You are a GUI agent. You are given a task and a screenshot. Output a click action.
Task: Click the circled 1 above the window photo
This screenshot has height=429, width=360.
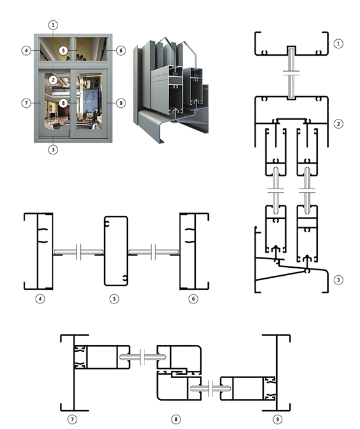coord(53,25)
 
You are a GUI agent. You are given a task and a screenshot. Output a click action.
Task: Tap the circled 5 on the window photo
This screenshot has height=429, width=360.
coord(64,50)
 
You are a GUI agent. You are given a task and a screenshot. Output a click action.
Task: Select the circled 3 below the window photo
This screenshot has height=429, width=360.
coord(53,150)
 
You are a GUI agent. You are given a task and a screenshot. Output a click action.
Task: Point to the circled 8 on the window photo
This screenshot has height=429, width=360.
coord(64,103)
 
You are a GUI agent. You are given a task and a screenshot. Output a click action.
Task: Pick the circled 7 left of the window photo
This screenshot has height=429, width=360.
coord(26,103)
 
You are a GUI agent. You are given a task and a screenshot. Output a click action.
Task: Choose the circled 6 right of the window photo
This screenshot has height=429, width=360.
coord(121,50)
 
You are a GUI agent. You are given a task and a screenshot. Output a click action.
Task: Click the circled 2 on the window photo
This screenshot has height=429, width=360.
coord(53,80)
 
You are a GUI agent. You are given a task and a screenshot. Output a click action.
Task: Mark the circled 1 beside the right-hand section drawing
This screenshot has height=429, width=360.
coord(339,44)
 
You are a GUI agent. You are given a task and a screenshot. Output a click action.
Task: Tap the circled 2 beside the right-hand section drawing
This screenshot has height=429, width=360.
coord(339,124)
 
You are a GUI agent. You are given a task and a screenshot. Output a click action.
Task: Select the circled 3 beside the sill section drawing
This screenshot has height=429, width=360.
coord(339,280)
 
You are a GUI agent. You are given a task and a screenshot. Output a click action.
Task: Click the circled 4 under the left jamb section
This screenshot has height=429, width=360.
coord(40,299)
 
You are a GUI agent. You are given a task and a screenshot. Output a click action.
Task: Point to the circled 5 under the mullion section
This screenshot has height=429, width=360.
coord(114,299)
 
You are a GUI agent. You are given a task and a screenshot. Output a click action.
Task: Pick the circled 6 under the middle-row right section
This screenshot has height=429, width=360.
coord(193,299)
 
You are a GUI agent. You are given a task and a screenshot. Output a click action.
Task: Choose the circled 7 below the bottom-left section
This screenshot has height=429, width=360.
coord(72,419)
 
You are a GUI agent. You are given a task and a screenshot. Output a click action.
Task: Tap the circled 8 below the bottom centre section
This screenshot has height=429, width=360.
coord(176,419)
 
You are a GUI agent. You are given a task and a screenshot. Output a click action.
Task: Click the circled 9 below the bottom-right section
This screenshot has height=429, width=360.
coord(277,419)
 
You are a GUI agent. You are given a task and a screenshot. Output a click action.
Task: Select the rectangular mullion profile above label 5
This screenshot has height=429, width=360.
coord(105,251)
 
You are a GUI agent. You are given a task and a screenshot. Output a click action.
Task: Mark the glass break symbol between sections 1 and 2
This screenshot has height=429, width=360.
coord(291,73)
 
